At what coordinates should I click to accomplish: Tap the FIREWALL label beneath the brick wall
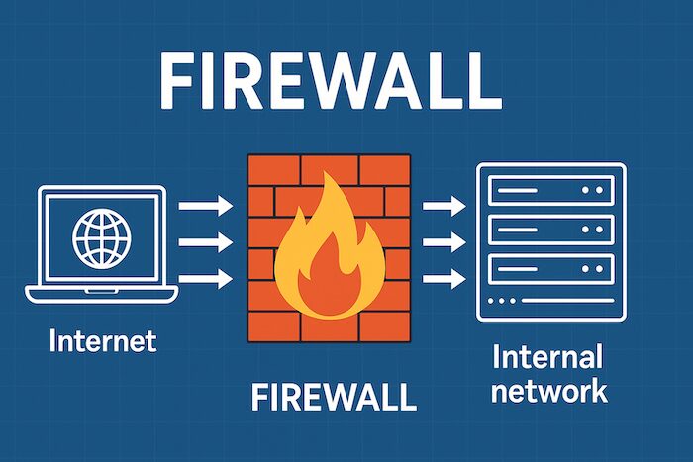click(x=333, y=397)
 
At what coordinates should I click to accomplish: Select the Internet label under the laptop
click(x=103, y=342)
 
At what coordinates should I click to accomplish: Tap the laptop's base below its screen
click(x=101, y=293)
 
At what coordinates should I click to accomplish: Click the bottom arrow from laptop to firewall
click(x=205, y=280)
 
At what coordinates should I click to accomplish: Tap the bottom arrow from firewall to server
click(x=443, y=280)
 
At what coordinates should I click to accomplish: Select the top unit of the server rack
click(x=550, y=189)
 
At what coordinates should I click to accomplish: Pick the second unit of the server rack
click(x=550, y=229)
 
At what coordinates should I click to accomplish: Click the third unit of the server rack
click(x=550, y=267)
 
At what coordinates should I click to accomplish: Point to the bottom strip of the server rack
click(x=550, y=301)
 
